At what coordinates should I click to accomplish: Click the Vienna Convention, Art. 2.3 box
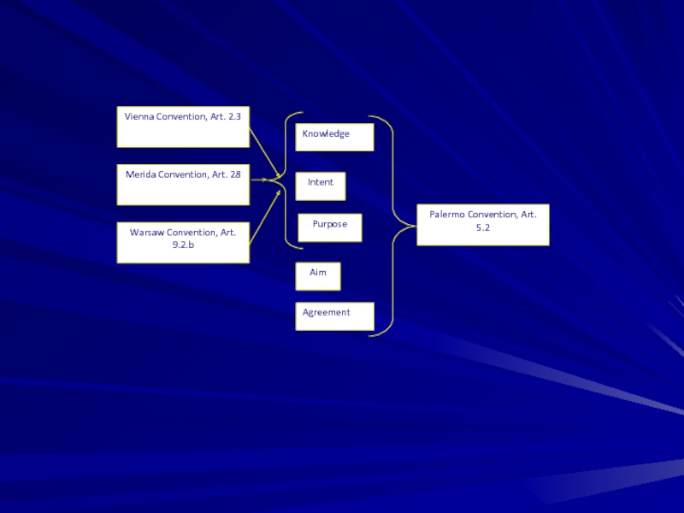tap(183, 127)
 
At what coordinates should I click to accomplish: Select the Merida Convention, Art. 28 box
tap(183, 185)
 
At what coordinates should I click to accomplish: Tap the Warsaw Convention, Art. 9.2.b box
tap(183, 242)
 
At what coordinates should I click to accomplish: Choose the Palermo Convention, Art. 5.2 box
tap(482, 225)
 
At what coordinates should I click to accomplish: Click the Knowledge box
tap(334, 137)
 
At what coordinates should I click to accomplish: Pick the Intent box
tap(321, 186)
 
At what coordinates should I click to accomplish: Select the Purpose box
tap(329, 227)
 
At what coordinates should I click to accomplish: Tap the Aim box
tap(318, 276)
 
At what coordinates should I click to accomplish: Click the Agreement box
tap(334, 316)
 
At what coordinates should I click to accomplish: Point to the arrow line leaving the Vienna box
tap(265, 152)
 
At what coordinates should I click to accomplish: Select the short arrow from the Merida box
tap(258, 180)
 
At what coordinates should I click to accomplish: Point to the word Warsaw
tap(147, 233)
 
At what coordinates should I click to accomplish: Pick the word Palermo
tap(447, 215)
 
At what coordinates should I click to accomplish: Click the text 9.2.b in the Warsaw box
tap(183, 245)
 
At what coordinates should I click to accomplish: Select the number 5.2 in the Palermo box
tap(483, 228)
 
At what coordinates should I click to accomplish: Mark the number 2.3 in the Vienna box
tap(233, 116)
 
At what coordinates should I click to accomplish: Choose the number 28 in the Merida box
tap(234, 174)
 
